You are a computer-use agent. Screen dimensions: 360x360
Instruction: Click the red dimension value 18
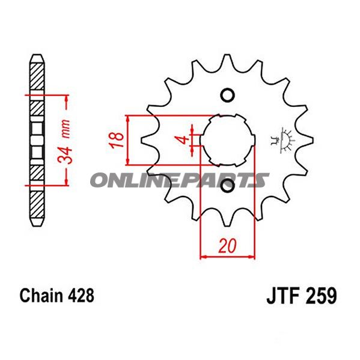click(120, 139)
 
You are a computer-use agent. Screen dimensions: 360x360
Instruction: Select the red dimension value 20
click(228, 245)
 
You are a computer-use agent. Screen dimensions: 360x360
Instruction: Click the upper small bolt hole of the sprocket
click(228, 95)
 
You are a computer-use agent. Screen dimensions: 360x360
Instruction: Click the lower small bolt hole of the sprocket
click(228, 189)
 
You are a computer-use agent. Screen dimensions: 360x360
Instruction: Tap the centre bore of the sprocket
click(228, 142)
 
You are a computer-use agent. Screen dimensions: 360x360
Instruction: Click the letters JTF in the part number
click(282, 296)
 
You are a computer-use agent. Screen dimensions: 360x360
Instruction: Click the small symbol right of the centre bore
click(282, 141)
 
